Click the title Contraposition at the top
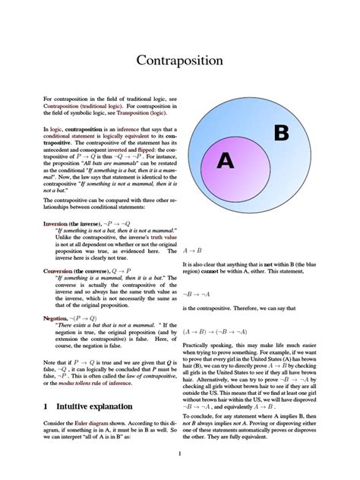[179, 60]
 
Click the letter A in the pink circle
[226, 160]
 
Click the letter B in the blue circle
[280, 134]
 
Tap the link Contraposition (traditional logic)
[88, 106]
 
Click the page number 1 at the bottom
[179, 454]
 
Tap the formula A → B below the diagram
[193, 250]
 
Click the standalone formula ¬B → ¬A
[197, 293]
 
